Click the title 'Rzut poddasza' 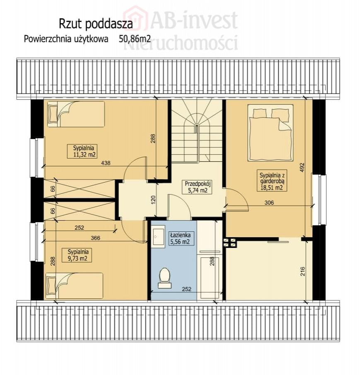96,24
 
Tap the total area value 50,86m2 135,39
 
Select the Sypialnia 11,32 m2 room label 82,151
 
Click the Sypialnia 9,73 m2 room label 77,255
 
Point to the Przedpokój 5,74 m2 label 198,187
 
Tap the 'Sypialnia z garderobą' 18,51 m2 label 272,181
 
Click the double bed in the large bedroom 271,133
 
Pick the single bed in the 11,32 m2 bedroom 76,114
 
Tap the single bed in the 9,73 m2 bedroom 75,286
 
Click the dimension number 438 106,163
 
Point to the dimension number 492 302,167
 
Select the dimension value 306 269,203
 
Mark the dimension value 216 303,272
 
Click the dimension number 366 96,238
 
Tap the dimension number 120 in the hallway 153,200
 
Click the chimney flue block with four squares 230,243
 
